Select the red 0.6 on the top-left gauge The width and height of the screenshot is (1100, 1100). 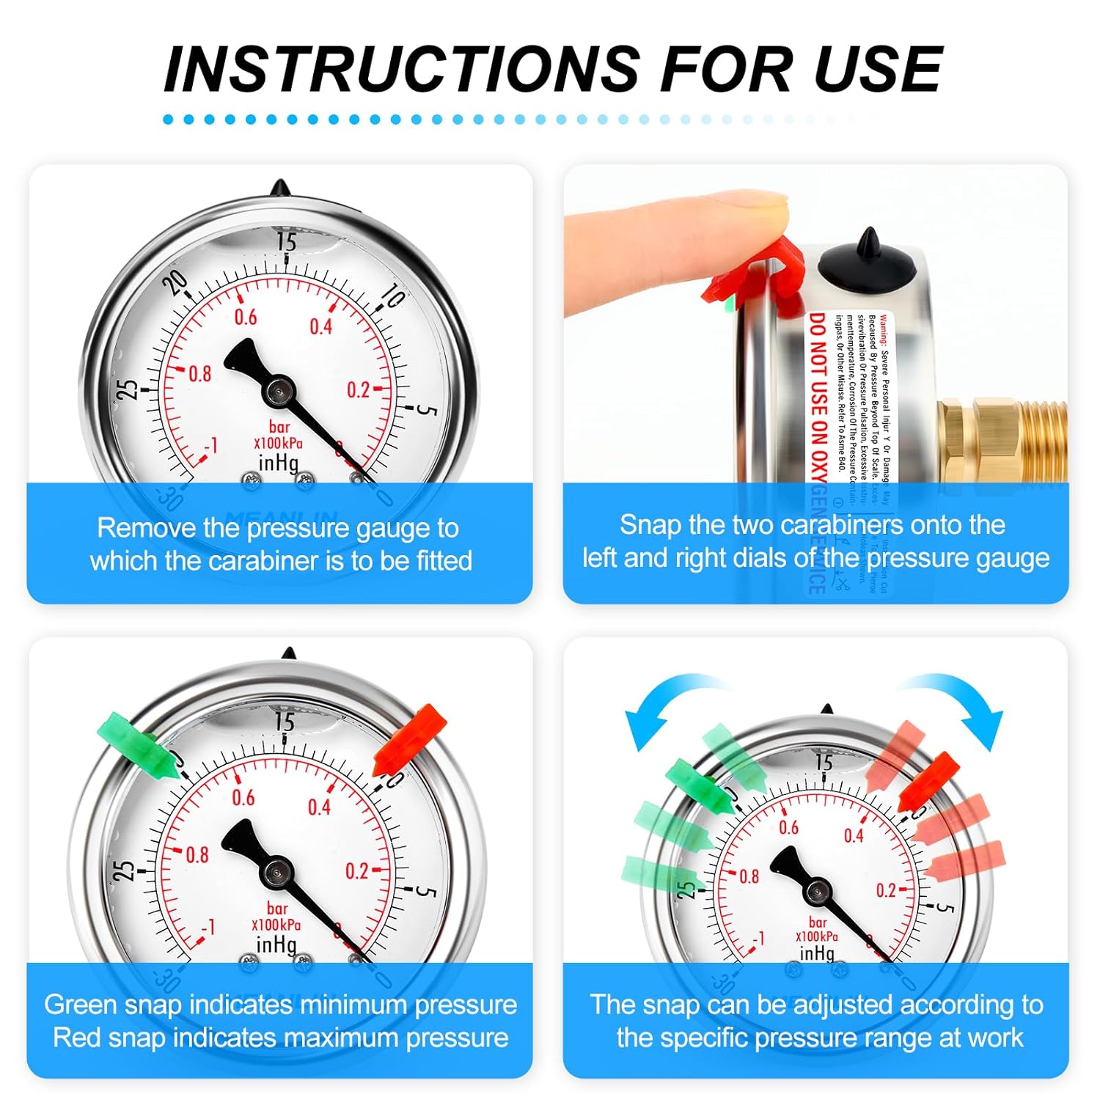(x=246, y=317)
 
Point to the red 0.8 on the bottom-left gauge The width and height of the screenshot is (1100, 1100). (x=197, y=855)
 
